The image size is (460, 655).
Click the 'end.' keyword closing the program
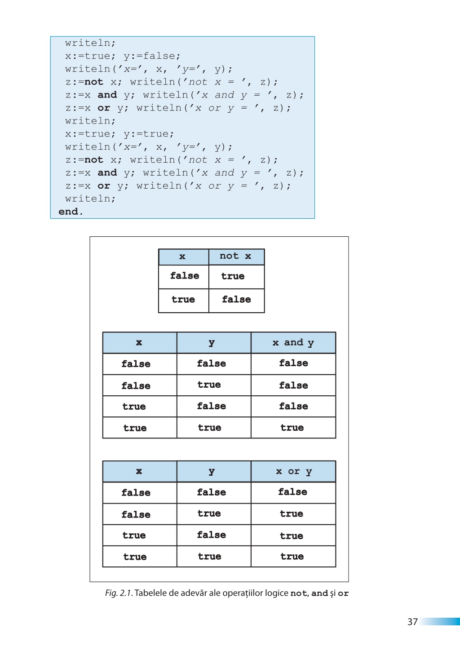(71, 212)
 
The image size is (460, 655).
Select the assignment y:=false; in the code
(152, 56)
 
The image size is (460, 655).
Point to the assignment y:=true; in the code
(149, 134)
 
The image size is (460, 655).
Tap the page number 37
(412, 622)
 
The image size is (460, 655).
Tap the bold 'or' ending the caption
(343, 593)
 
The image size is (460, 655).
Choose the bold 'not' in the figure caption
(299, 593)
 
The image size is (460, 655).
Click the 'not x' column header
(235, 256)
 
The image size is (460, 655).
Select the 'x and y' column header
(293, 343)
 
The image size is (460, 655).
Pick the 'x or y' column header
(294, 471)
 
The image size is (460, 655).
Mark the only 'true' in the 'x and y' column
(292, 428)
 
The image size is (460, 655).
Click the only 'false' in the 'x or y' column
(293, 492)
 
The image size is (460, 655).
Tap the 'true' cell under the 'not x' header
(233, 276)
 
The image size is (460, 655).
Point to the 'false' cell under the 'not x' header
(236, 299)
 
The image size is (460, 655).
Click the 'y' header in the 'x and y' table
(212, 343)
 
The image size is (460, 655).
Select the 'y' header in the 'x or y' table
(212, 472)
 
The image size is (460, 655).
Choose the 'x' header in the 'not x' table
(182, 257)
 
